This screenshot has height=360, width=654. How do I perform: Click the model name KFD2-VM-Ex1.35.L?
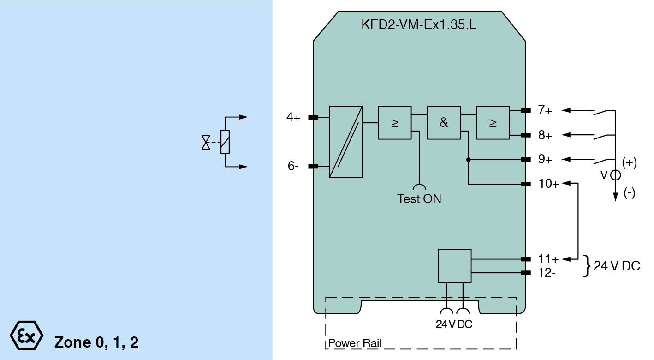[x=419, y=24]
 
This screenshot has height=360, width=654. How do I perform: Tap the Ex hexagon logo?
[x=27, y=336]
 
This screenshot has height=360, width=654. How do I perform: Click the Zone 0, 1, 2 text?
[x=96, y=342]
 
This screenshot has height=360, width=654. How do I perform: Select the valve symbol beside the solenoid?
[x=206, y=142]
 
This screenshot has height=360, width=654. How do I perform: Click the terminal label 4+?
[x=293, y=118]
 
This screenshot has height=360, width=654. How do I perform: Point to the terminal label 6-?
[x=293, y=166]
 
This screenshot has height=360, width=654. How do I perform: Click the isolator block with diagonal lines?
[x=346, y=142]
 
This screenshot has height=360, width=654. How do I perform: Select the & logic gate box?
[x=444, y=123]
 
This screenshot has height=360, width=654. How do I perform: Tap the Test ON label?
[x=419, y=199]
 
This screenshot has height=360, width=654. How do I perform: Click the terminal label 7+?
[x=545, y=110]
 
